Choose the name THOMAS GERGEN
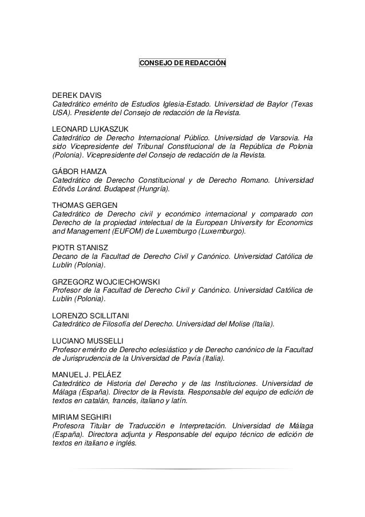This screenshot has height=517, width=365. pyautogui.click(x=82, y=205)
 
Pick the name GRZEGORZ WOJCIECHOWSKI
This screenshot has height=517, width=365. pyautogui.click(x=106, y=282)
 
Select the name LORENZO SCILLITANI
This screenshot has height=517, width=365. pyautogui.click(x=91, y=315)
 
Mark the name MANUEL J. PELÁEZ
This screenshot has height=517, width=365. pyautogui.click(x=85, y=374)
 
